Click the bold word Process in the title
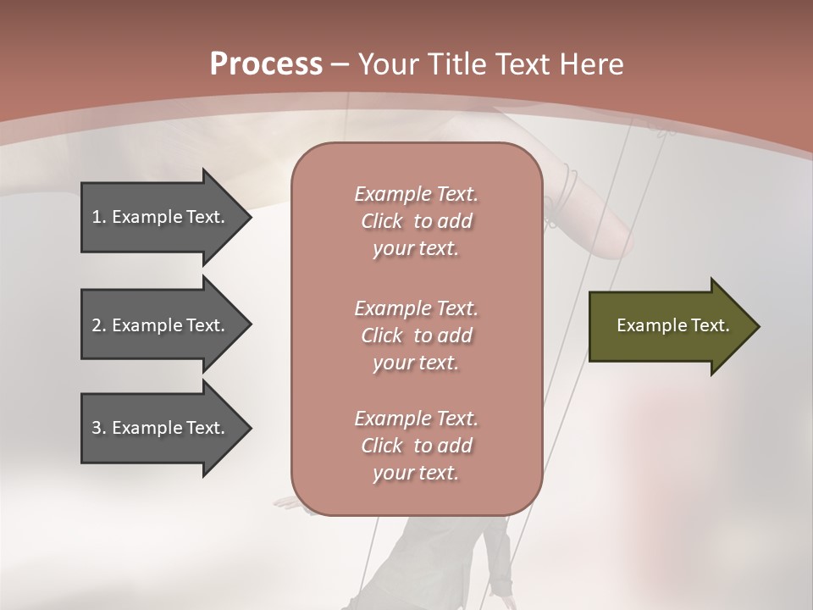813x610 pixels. pos(266,64)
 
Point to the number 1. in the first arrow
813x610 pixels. pos(99,217)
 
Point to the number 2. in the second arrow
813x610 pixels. pos(99,325)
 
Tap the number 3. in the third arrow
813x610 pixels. pos(99,428)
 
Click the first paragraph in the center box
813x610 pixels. pos(416,221)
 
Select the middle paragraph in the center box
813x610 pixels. pos(416,335)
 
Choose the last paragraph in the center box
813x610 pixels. pos(416,446)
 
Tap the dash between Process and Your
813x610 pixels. pos(340,64)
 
